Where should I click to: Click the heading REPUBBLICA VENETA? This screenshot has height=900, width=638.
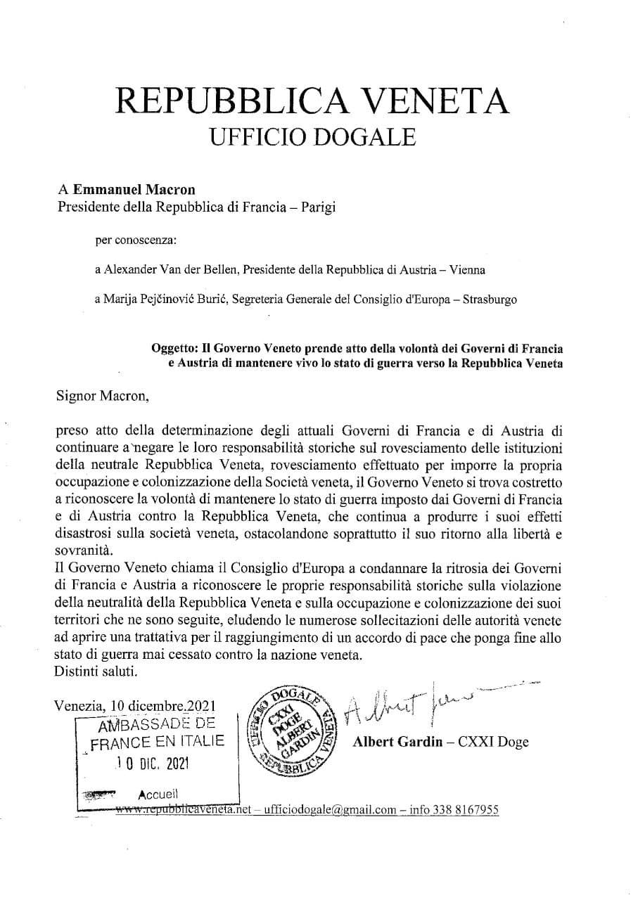(x=313, y=100)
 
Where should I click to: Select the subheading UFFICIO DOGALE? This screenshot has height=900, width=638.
(x=313, y=135)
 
